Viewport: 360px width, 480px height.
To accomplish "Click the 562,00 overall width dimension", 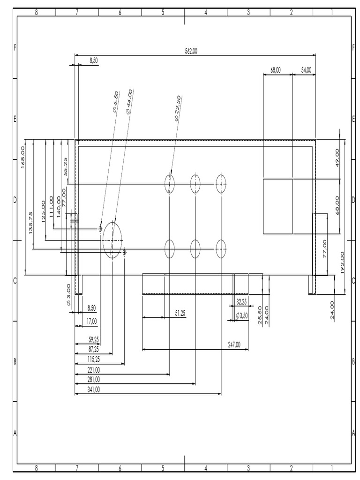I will click(x=191, y=51).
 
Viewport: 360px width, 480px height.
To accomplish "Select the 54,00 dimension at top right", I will click(x=306, y=70).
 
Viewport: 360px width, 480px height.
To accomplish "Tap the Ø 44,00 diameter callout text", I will click(x=129, y=101).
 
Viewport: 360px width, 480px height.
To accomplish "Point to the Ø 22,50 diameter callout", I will click(x=178, y=108).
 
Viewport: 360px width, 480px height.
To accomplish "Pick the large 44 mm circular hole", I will click(x=112, y=240).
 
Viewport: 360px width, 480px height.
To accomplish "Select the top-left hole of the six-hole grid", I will click(x=169, y=184).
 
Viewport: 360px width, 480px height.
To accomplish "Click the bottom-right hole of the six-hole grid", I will click(x=221, y=249).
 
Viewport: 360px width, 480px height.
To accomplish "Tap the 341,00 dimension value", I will click(x=94, y=390).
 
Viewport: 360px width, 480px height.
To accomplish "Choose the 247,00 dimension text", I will click(x=234, y=345).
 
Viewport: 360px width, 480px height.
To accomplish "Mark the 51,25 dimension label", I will click(x=180, y=313).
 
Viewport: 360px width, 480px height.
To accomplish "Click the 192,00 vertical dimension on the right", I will click(x=342, y=262).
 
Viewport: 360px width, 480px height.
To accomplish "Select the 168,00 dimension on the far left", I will click(x=22, y=156).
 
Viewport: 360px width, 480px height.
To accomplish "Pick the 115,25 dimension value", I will click(x=94, y=359).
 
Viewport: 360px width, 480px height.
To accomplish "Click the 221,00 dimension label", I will click(x=94, y=369).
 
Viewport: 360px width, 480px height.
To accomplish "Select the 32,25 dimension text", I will click(x=242, y=301).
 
